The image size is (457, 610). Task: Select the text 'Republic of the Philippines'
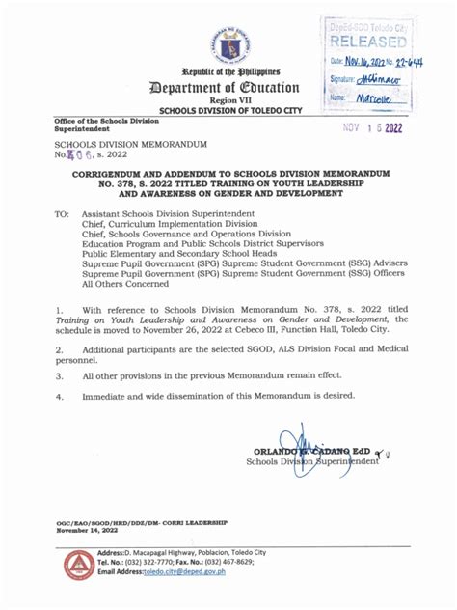pyautogui.click(x=228, y=73)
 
